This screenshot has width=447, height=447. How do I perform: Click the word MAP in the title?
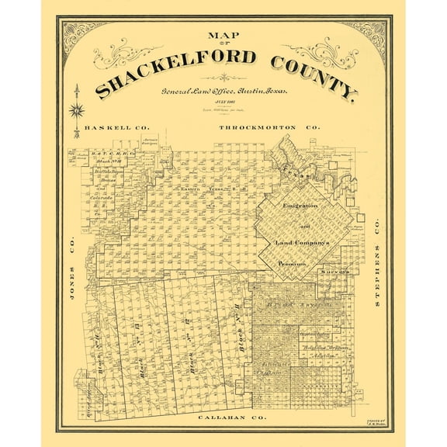(223, 35)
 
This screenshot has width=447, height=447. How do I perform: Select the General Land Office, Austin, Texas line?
(224, 92)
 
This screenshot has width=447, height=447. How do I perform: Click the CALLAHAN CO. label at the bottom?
(222, 418)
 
